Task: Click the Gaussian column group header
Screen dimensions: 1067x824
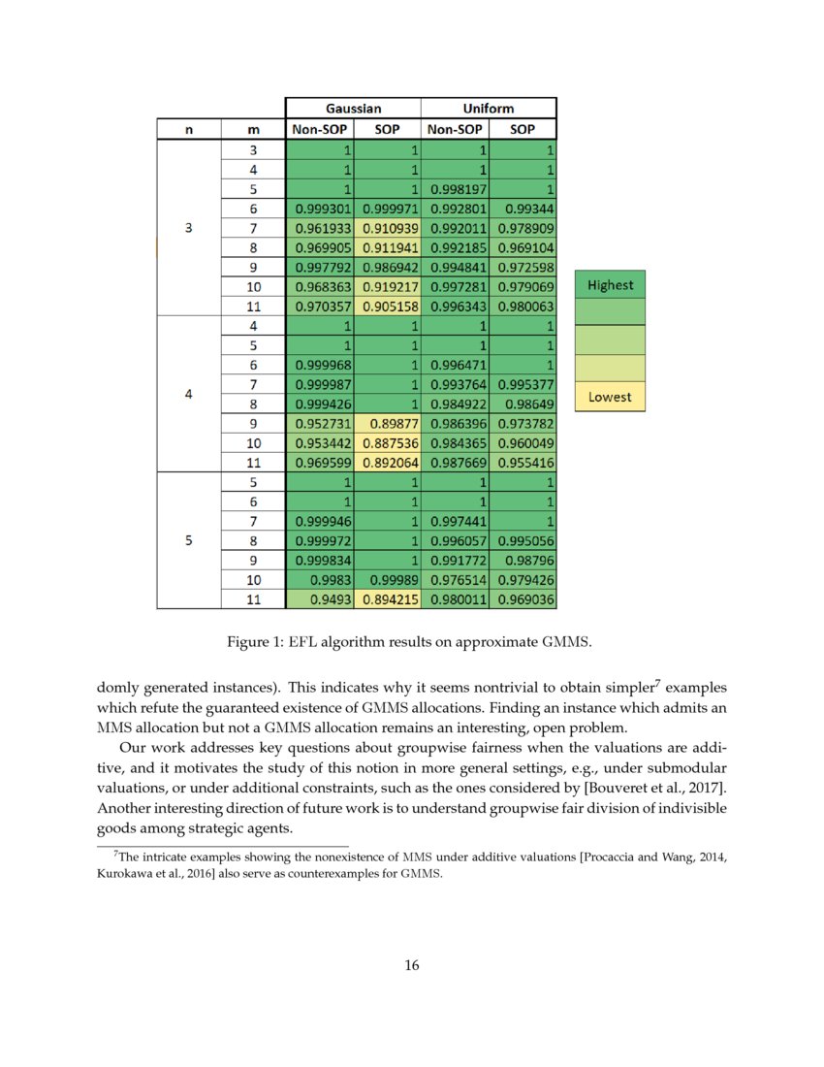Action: [353, 108]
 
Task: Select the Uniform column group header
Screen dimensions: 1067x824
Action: [489, 108]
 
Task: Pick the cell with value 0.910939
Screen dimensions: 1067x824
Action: [387, 228]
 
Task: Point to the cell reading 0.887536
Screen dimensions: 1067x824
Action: [387, 442]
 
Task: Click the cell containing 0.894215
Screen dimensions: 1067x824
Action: [387, 599]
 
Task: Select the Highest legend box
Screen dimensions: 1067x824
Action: [610, 285]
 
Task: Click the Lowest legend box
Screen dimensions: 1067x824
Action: [610, 397]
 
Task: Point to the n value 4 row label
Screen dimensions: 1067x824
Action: [188, 395]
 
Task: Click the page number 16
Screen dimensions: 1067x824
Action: [412, 965]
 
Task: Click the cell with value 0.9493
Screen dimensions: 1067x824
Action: [320, 599]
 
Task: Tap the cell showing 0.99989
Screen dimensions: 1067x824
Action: [387, 580]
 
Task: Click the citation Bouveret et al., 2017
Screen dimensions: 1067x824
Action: [652, 784]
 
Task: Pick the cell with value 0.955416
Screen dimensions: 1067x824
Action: [523, 462]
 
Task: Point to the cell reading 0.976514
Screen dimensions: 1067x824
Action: [455, 580]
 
